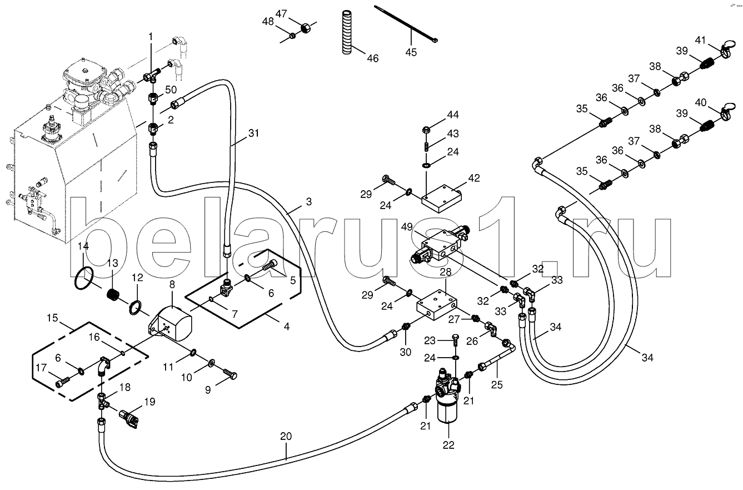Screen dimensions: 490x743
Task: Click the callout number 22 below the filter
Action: [448, 444]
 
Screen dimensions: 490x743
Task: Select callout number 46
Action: [372, 58]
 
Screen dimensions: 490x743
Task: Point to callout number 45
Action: [411, 53]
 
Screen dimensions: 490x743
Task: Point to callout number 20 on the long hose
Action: [286, 437]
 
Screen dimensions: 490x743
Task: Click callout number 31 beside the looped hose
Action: [254, 133]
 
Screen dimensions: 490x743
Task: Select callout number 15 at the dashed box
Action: [53, 319]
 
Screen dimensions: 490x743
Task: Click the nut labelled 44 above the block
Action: [426, 130]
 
